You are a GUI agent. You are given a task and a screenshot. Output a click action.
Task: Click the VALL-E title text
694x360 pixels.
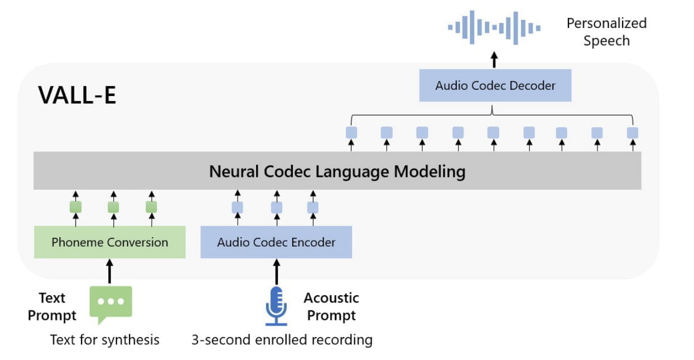click(x=77, y=96)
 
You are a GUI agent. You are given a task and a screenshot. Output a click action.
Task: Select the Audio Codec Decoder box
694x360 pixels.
click(x=495, y=86)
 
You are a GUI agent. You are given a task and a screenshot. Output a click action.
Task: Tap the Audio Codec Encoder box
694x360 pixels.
click(x=276, y=242)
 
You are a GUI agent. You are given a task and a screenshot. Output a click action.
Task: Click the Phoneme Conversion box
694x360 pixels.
click(x=109, y=242)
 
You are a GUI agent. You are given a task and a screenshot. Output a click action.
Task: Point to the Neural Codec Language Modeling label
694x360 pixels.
click(x=337, y=171)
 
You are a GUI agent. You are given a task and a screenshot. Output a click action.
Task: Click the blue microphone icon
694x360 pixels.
click(x=276, y=305)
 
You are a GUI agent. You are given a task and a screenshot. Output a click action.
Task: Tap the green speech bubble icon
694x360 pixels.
click(x=110, y=303)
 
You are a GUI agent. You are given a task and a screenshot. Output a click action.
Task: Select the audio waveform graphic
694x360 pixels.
click(x=494, y=27)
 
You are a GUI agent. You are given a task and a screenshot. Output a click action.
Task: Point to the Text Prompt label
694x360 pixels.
click(x=52, y=306)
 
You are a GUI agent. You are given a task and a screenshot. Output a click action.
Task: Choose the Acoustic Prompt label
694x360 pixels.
click(x=331, y=306)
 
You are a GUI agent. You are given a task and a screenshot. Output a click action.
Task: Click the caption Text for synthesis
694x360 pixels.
click(x=105, y=339)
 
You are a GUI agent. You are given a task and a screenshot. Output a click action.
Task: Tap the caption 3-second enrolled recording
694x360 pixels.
click(x=282, y=339)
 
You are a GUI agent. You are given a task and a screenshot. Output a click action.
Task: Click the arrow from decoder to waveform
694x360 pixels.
click(x=494, y=59)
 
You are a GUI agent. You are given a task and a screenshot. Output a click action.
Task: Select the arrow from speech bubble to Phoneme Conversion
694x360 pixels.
click(x=109, y=270)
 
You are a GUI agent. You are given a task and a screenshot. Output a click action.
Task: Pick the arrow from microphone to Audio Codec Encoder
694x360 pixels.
click(x=276, y=271)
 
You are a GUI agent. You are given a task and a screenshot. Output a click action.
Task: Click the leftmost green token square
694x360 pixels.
click(x=75, y=207)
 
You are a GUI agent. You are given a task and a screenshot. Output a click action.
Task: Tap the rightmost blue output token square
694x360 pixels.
click(x=632, y=133)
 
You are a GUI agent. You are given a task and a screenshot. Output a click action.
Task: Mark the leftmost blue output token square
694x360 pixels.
click(x=351, y=133)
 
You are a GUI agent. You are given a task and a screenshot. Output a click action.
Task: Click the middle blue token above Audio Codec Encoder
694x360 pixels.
click(x=276, y=208)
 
